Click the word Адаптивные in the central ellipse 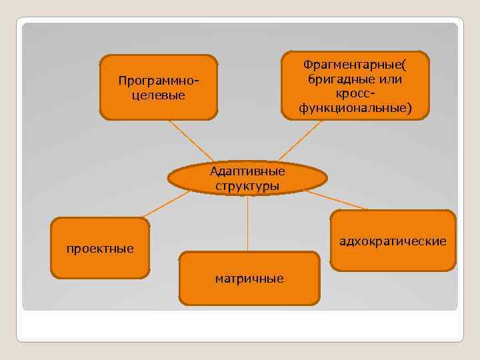(x=247, y=171)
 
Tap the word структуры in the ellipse (x=247, y=185)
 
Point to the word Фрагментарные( (x=355, y=65)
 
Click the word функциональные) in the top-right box (x=355, y=107)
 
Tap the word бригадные (x=340, y=79)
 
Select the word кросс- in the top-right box (x=355, y=93)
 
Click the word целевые (x=159, y=95)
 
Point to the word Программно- (x=159, y=81)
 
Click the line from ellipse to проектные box (x=167, y=205)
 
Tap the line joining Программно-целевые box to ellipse (x=189, y=141)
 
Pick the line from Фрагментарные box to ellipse (x=299, y=141)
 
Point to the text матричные (x=249, y=279)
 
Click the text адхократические (x=393, y=241)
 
